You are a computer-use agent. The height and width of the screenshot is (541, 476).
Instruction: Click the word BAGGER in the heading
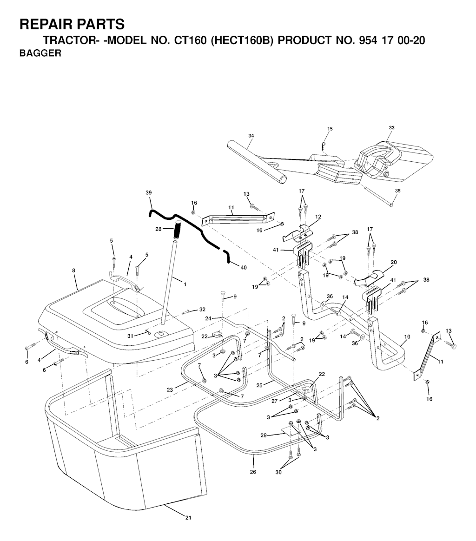(x=40, y=53)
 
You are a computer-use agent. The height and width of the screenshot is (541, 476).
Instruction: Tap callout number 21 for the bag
(x=188, y=517)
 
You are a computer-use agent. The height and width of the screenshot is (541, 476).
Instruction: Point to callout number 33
(x=391, y=127)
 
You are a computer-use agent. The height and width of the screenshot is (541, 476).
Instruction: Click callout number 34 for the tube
(x=251, y=136)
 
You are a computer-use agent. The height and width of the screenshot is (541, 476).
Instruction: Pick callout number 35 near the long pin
(x=397, y=191)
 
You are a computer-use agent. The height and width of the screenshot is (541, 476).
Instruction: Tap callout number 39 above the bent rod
(x=149, y=192)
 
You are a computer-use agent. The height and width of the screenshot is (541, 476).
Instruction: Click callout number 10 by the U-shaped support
(x=407, y=336)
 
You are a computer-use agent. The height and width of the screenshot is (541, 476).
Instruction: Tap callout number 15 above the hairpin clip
(x=330, y=129)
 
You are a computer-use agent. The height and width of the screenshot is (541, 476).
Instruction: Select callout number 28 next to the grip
(x=159, y=229)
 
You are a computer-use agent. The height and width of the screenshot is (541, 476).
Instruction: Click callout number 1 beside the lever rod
(x=185, y=284)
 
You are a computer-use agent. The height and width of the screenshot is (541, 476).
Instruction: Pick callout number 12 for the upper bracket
(x=318, y=217)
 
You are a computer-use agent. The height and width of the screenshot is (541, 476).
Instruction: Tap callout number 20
(x=394, y=262)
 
